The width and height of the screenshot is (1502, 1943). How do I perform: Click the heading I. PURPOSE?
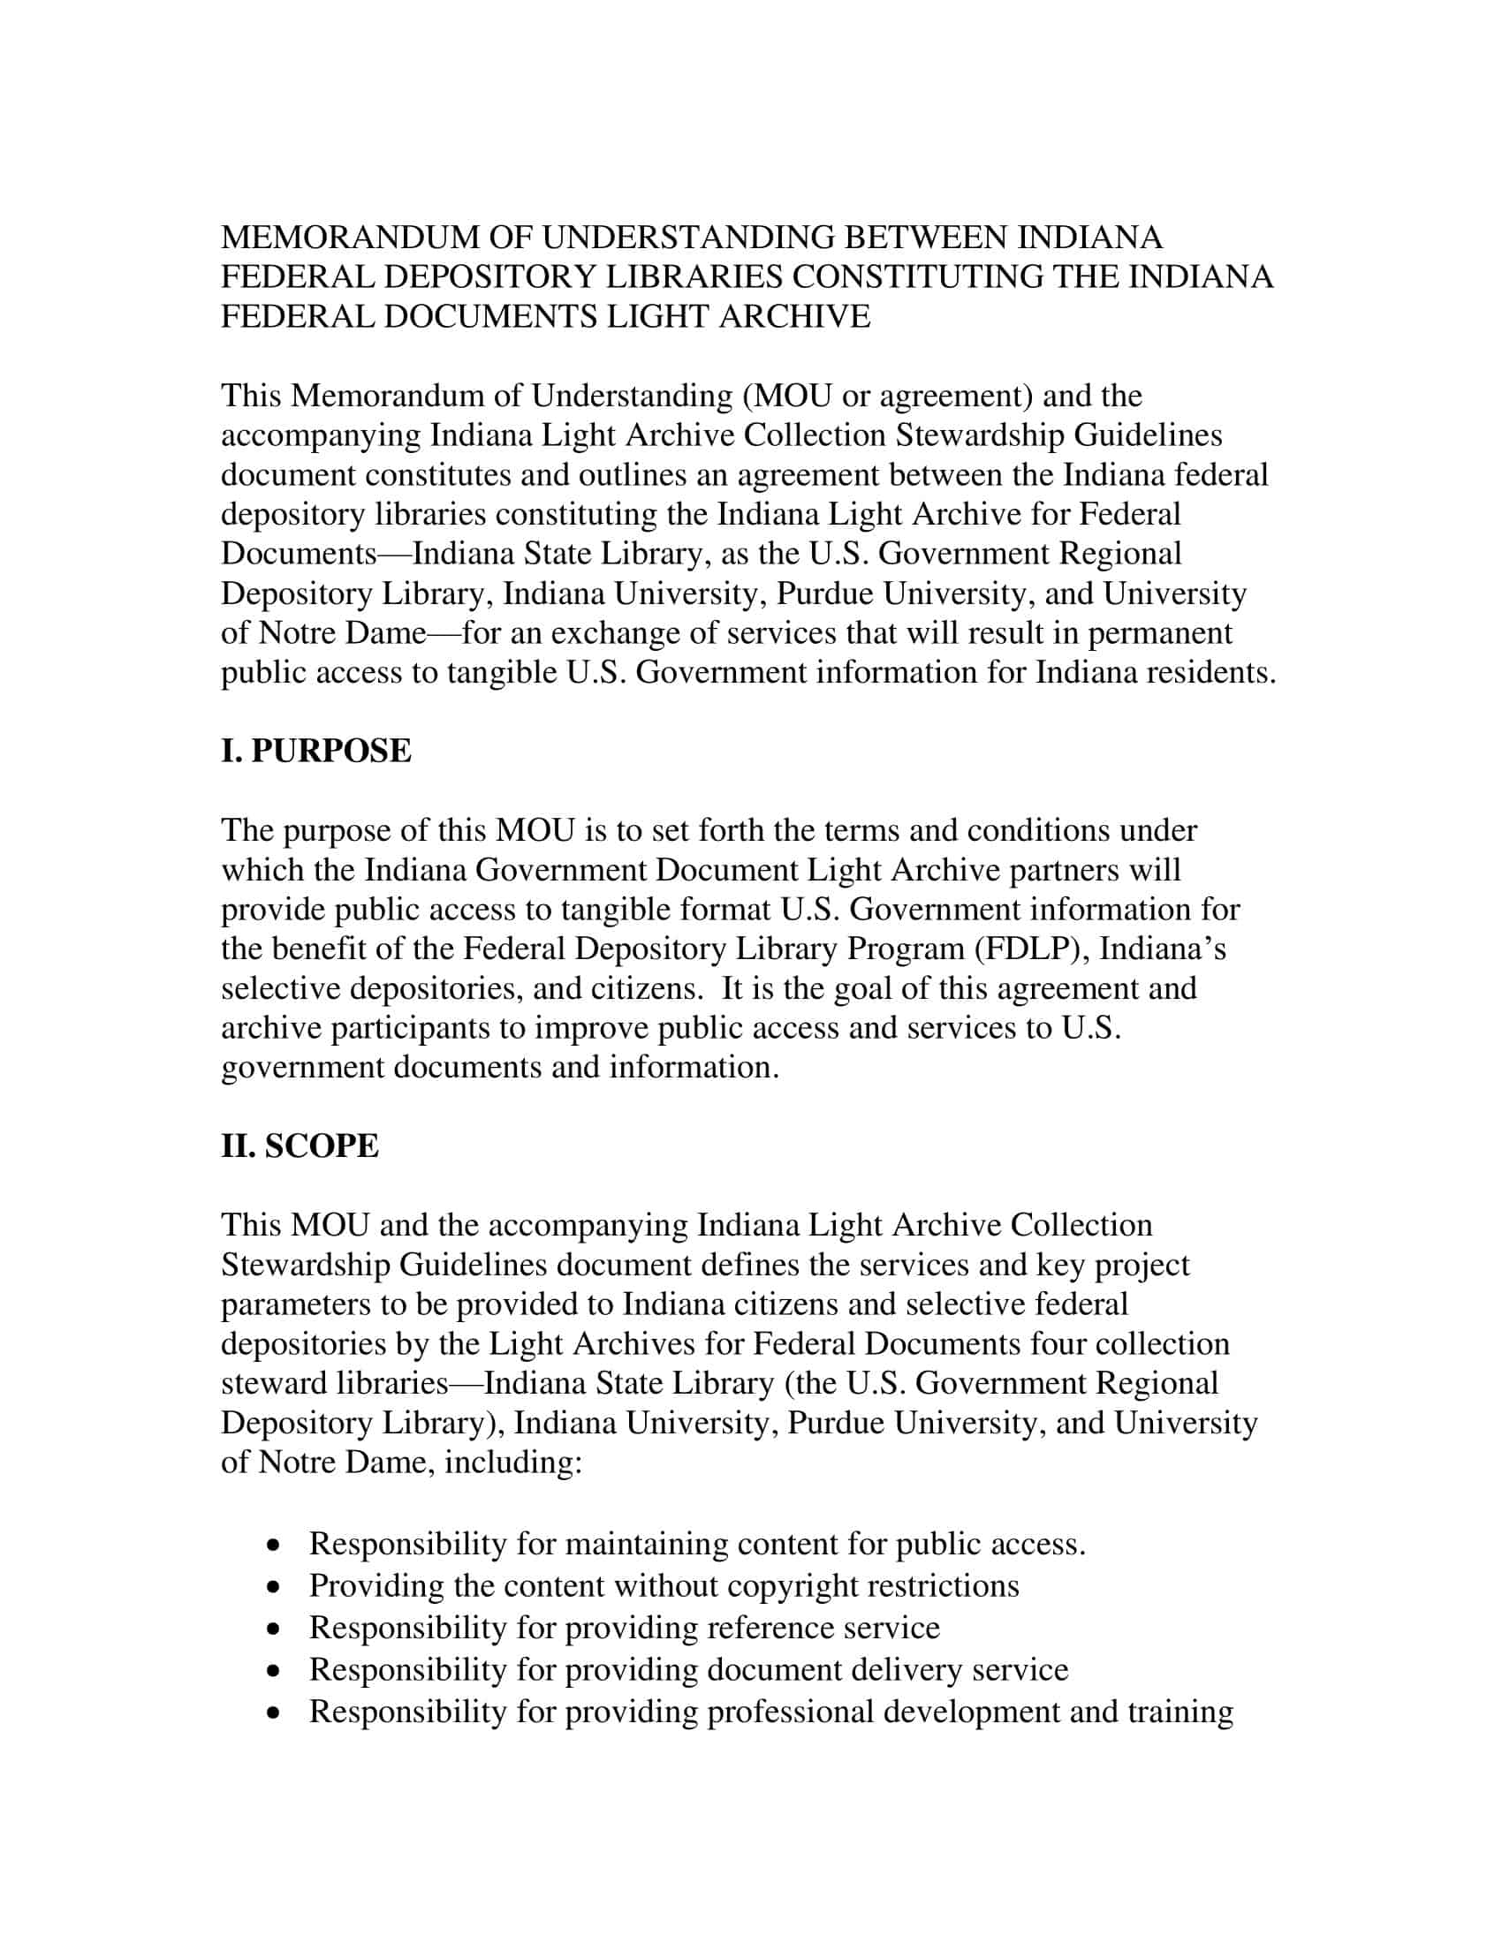click(316, 751)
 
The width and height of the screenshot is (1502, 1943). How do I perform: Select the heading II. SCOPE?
click(300, 1145)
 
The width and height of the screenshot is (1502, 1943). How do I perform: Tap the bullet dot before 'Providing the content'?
click(277, 1586)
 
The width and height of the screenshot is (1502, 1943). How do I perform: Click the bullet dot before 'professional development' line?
click(277, 1712)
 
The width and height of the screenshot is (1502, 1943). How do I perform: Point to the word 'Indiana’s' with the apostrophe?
click(1162, 949)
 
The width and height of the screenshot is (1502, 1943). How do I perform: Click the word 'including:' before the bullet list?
click(513, 1462)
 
